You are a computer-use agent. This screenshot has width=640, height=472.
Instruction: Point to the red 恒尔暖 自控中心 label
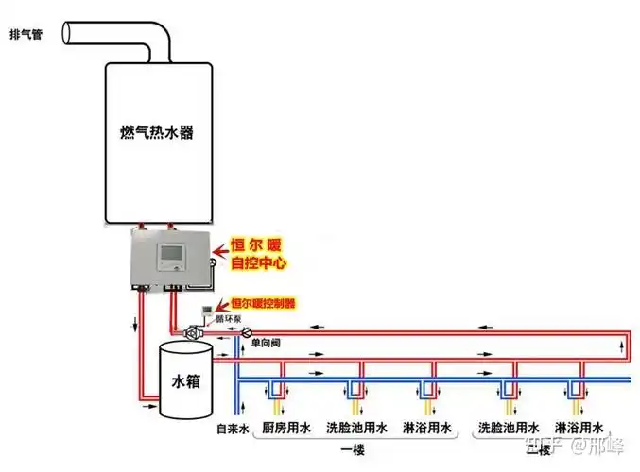pos(258,253)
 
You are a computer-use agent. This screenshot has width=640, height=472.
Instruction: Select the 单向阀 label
pos(262,346)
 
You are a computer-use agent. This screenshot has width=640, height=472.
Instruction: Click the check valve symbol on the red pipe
pos(244,332)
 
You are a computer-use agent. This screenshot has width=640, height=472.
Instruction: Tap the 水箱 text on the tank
pos(184,382)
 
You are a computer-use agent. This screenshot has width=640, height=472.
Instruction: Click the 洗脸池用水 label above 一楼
pos(356,428)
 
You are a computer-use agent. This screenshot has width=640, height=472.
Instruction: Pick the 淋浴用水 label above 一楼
pos(426,428)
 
